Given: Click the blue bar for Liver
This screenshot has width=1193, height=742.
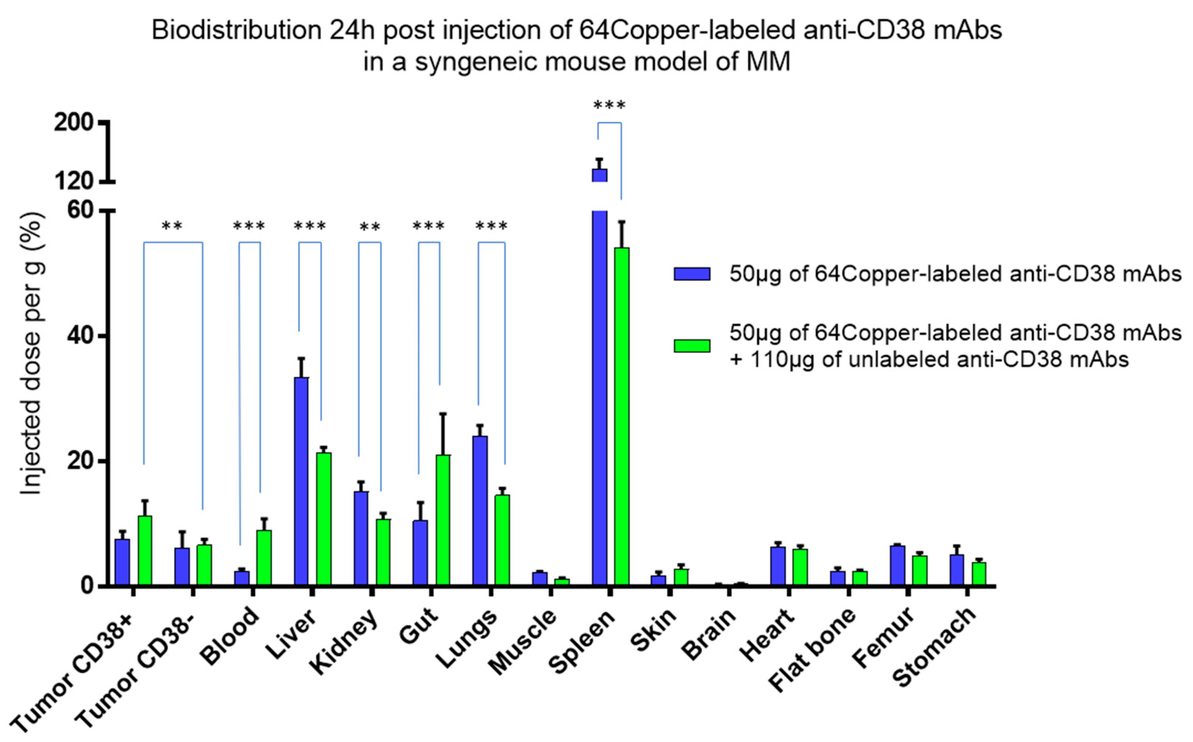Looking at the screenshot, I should coord(301,481).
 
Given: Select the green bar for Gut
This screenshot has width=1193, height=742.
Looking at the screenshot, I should coord(443,520).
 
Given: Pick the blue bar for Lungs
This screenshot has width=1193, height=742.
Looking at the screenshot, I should coord(480,510).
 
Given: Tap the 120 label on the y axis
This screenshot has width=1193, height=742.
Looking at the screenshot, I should coord(74,182).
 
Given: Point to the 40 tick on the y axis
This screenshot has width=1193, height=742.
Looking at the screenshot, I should coord(81,336).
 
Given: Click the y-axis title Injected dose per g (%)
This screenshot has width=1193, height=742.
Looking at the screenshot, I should coord(32,353).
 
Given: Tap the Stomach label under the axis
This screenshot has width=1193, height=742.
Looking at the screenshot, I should coord(933,648).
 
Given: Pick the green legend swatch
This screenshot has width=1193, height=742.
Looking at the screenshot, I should coord(692,346).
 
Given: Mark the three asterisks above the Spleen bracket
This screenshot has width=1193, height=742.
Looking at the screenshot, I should coord(609,105).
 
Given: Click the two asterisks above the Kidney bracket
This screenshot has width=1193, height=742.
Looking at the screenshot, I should coord(370,227).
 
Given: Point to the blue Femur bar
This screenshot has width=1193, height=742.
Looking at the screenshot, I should coord(897,565).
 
